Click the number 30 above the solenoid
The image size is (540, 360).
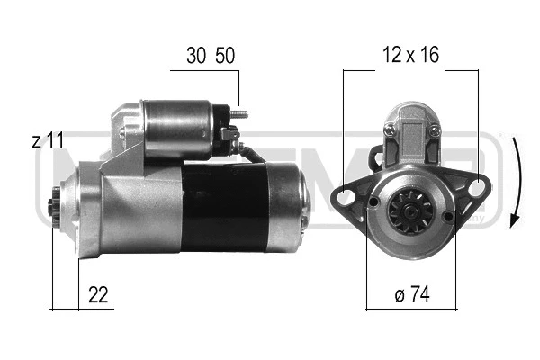[x=196, y=56]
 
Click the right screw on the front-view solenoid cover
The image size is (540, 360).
[x=435, y=131]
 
